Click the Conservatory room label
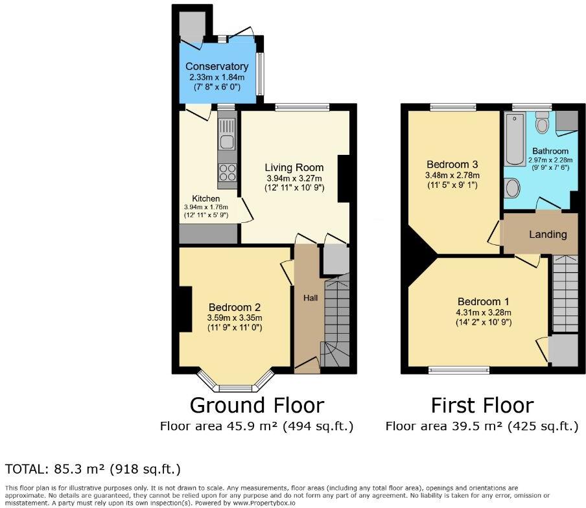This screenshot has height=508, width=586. [x=217, y=67]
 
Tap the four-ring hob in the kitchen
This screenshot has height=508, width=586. [x=228, y=172]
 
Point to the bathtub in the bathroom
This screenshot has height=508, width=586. [x=516, y=138]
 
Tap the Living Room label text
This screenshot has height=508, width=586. [x=294, y=168]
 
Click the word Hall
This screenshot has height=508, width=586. [x=311, y=298]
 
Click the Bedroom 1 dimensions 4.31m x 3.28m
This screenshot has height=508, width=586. [x=484, y=312]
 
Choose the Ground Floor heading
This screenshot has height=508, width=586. [x=256, y=406]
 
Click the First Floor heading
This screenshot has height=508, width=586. [x=482, y=406]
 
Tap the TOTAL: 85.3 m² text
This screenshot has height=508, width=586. [x=93, y=468]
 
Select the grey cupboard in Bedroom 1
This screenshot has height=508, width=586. [x=562, y=349]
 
